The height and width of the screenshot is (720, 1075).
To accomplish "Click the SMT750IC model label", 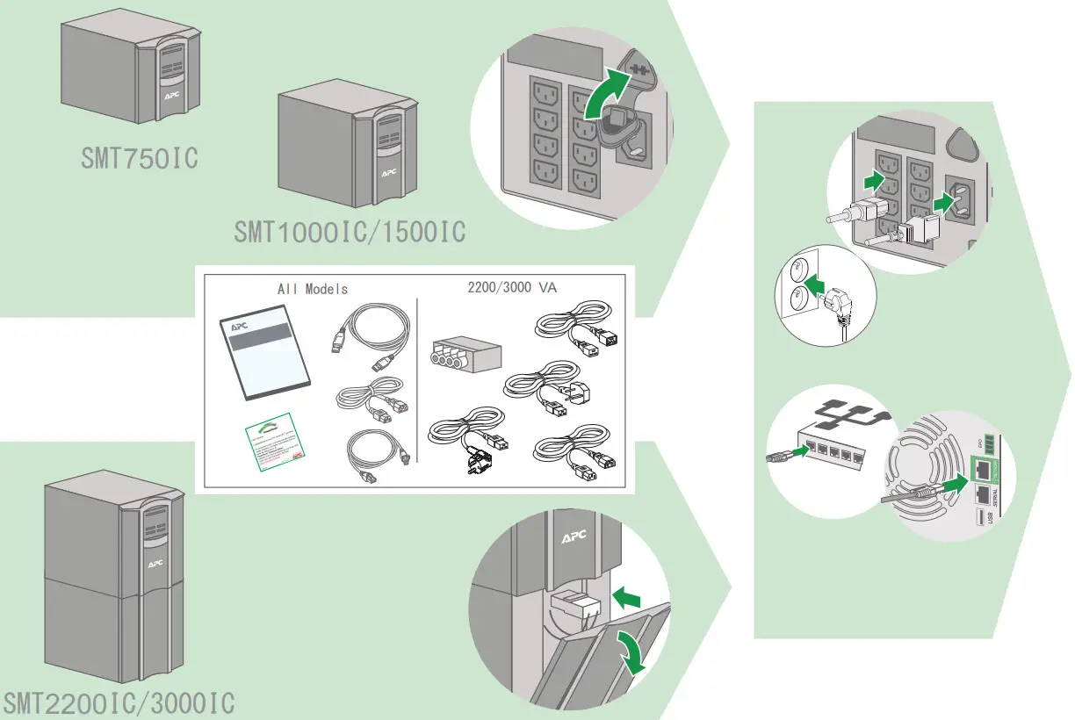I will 140,159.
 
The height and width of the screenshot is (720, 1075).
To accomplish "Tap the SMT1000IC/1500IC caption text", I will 349,232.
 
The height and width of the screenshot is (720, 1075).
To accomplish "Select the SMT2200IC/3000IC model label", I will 119,704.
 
